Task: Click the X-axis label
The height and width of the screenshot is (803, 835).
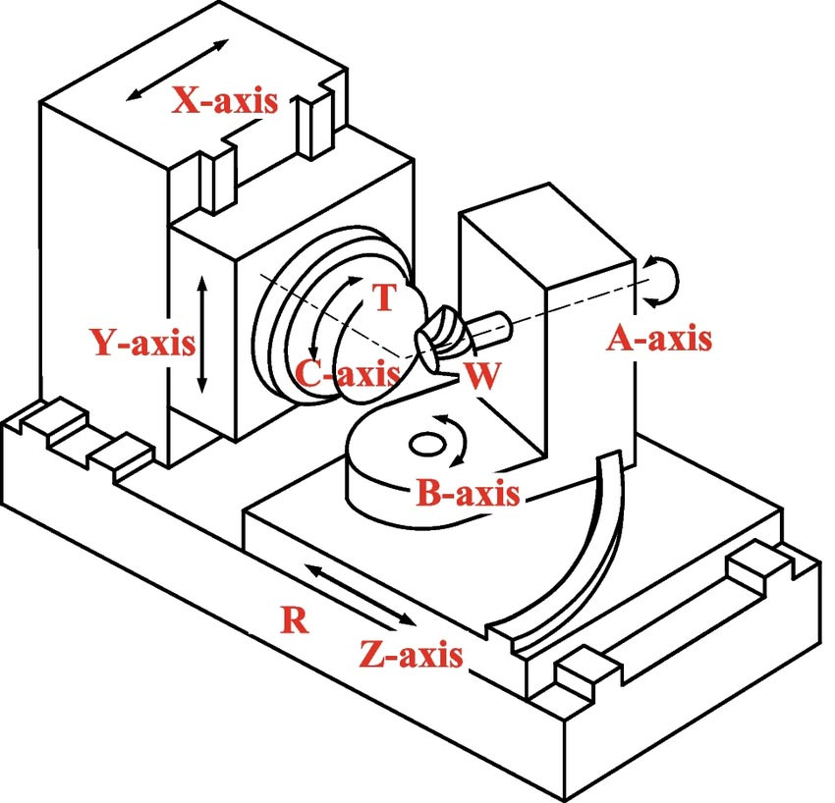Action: coord(225,100)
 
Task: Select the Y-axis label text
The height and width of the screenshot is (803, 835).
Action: coord(143,343)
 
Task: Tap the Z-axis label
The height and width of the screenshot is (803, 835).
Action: coord(410,654)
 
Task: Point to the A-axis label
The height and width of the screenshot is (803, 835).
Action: coord(658,340)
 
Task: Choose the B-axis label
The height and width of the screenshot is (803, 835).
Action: coord(468,494)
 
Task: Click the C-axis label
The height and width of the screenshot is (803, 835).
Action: coord(347,373)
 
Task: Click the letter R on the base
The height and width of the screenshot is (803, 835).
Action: coord(291,619)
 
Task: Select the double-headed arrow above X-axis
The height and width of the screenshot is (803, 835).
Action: coord(178,69)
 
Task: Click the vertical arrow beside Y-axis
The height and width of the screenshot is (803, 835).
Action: coord(202,334)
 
